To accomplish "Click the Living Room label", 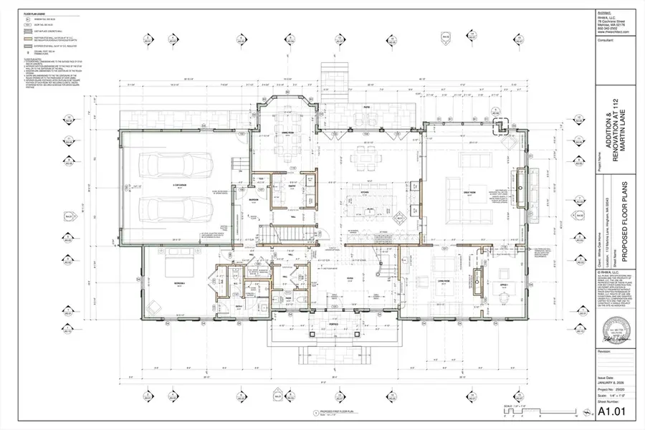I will [443, 282].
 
